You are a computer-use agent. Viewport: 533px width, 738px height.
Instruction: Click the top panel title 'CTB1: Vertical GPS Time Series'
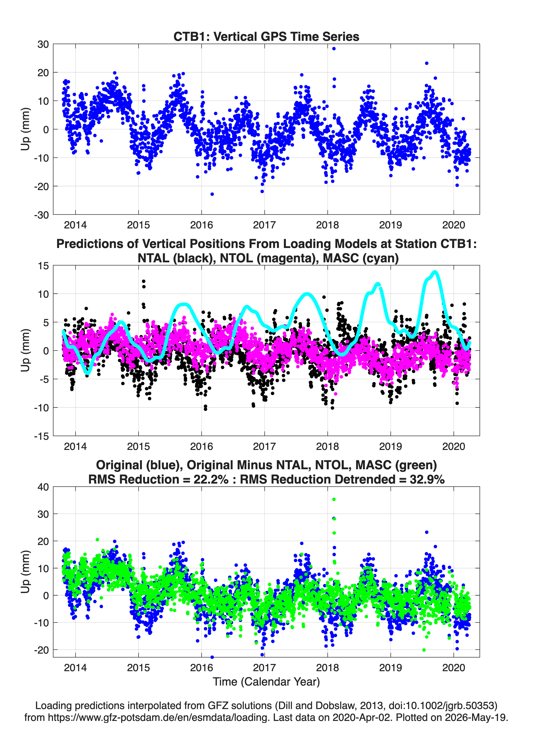(x=266, y=36)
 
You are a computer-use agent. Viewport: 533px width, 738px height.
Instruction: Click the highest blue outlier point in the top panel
(x=334, y=49)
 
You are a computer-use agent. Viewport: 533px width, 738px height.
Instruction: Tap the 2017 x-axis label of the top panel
(x=264, y=225)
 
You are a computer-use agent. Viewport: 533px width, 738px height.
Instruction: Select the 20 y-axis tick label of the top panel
(x=43, y=73)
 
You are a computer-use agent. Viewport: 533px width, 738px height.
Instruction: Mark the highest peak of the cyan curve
(x=435, y=272)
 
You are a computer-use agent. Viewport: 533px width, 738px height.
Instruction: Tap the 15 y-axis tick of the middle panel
(x=43, y=266)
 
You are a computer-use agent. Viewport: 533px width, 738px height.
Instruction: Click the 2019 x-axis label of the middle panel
(x=390, y=446)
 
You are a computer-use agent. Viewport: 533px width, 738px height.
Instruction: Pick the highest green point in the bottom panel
(x=334, y=499)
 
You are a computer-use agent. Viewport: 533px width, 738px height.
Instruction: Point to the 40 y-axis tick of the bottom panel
(x=43, y=487)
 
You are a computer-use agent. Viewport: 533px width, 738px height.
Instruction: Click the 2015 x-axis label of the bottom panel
(x=138, y=667)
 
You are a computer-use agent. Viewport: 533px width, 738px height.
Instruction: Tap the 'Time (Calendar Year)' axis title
(x=266, y=682)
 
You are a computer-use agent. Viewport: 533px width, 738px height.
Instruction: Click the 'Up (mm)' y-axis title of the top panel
(x=25, y=129)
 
